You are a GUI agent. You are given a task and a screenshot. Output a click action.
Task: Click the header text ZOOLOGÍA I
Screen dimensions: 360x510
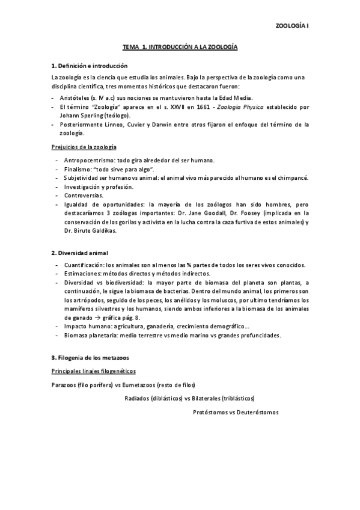pos(291,26)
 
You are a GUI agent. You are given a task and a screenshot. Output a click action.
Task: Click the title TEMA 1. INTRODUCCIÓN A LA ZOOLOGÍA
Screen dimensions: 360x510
pos(180,46)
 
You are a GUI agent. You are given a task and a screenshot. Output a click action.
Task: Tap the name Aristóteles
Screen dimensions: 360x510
pos(77,97)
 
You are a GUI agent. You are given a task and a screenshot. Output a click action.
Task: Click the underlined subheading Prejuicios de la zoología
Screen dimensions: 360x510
pos(84,147)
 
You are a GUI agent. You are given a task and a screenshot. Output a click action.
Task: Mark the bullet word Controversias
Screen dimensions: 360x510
pos(84,195)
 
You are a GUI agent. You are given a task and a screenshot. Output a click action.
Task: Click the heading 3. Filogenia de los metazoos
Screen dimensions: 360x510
pos(91,358)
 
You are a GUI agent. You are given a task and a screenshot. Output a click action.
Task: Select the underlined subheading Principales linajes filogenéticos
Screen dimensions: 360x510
pos(93,371)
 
